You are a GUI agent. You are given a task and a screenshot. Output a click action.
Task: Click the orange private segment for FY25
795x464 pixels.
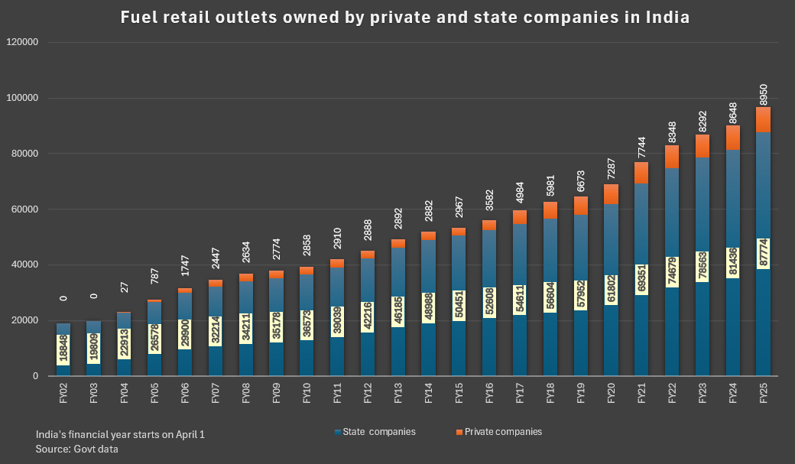coord(764,120)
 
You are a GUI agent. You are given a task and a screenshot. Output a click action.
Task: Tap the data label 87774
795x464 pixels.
coord(764,254)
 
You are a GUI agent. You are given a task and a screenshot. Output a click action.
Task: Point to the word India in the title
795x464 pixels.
coord(665,17)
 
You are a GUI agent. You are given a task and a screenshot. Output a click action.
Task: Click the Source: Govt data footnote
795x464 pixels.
coord(77,449)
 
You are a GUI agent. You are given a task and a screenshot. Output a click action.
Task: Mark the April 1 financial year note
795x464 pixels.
coord(120,434)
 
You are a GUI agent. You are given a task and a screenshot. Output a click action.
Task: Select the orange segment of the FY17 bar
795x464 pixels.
coord(521,217)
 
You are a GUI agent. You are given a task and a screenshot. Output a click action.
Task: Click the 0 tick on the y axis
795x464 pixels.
coord(35,376)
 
